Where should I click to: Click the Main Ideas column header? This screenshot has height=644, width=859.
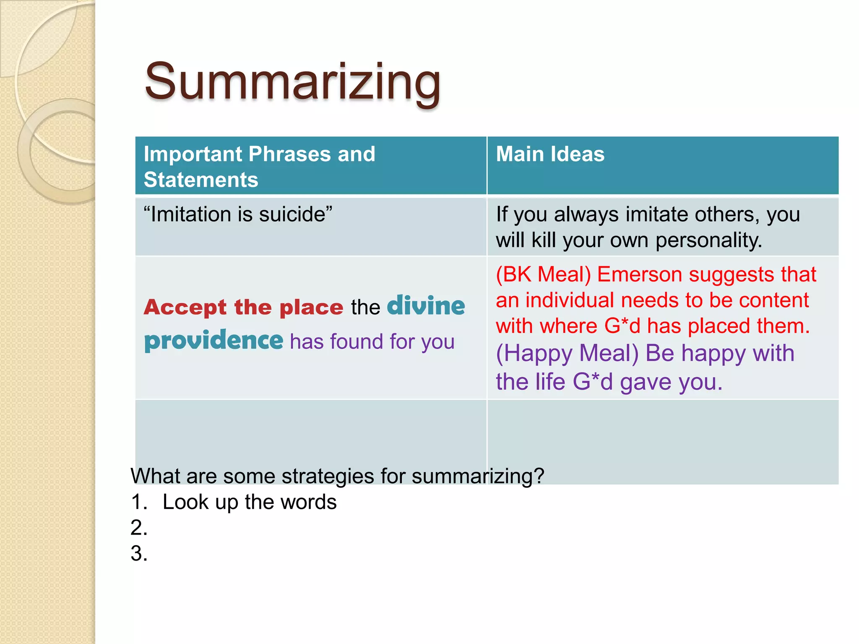pyautogui.click(x=550, y=154)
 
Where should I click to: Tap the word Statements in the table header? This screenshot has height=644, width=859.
pyautogui.click(x=201, y=180)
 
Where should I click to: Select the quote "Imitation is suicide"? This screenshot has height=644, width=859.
pyautogui.click(x=238, y=214)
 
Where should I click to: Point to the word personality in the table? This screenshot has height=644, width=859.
pyautogui.click(x=708, y=241)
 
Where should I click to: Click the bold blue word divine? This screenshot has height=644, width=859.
pyautogui.click(x=426, y=306)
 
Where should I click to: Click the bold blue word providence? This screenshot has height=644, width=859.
pyautogui.click(x=214, y=340)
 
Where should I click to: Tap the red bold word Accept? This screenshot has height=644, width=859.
pyautogui.click(x=185, y=307)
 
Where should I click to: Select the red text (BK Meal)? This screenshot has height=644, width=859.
pyautogui.click(x=543, y=275)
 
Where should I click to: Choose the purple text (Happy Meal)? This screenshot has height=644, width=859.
pyautogui.click(x=567, y=353)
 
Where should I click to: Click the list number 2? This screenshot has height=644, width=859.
pyautogui.click(x=139, y=527)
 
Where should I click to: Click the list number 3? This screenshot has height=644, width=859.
pyautogui.click(x=139, y=553)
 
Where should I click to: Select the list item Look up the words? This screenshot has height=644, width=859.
pyautogui.click(x=250, y=502)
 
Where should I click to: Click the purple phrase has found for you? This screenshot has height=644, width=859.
pyautogui.click(x=372, y=341)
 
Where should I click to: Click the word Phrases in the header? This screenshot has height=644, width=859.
pyautogui.click(x=290, y=154)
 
